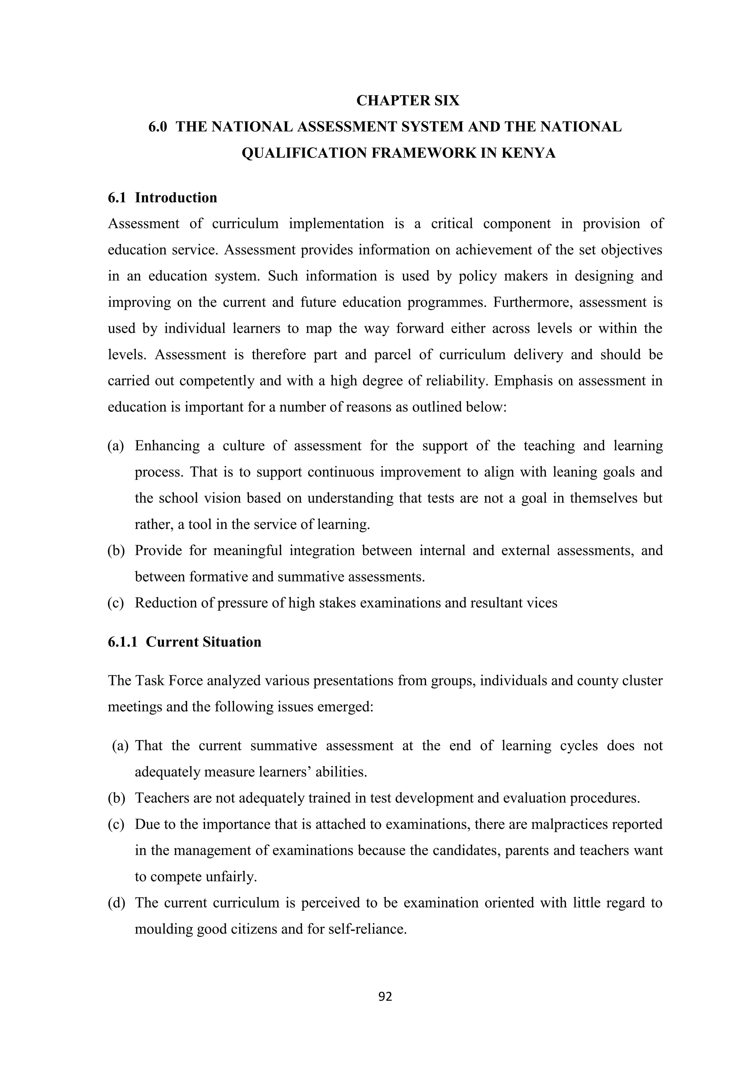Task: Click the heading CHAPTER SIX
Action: click(408, 101)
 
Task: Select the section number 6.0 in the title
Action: click(158, 127)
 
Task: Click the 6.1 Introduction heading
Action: click(162, 198)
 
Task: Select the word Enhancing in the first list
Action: click(167, 446)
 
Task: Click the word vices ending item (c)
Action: click(541, 603)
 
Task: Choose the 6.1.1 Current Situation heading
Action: click(184, 642)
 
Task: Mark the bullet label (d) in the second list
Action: click(116, 903)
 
